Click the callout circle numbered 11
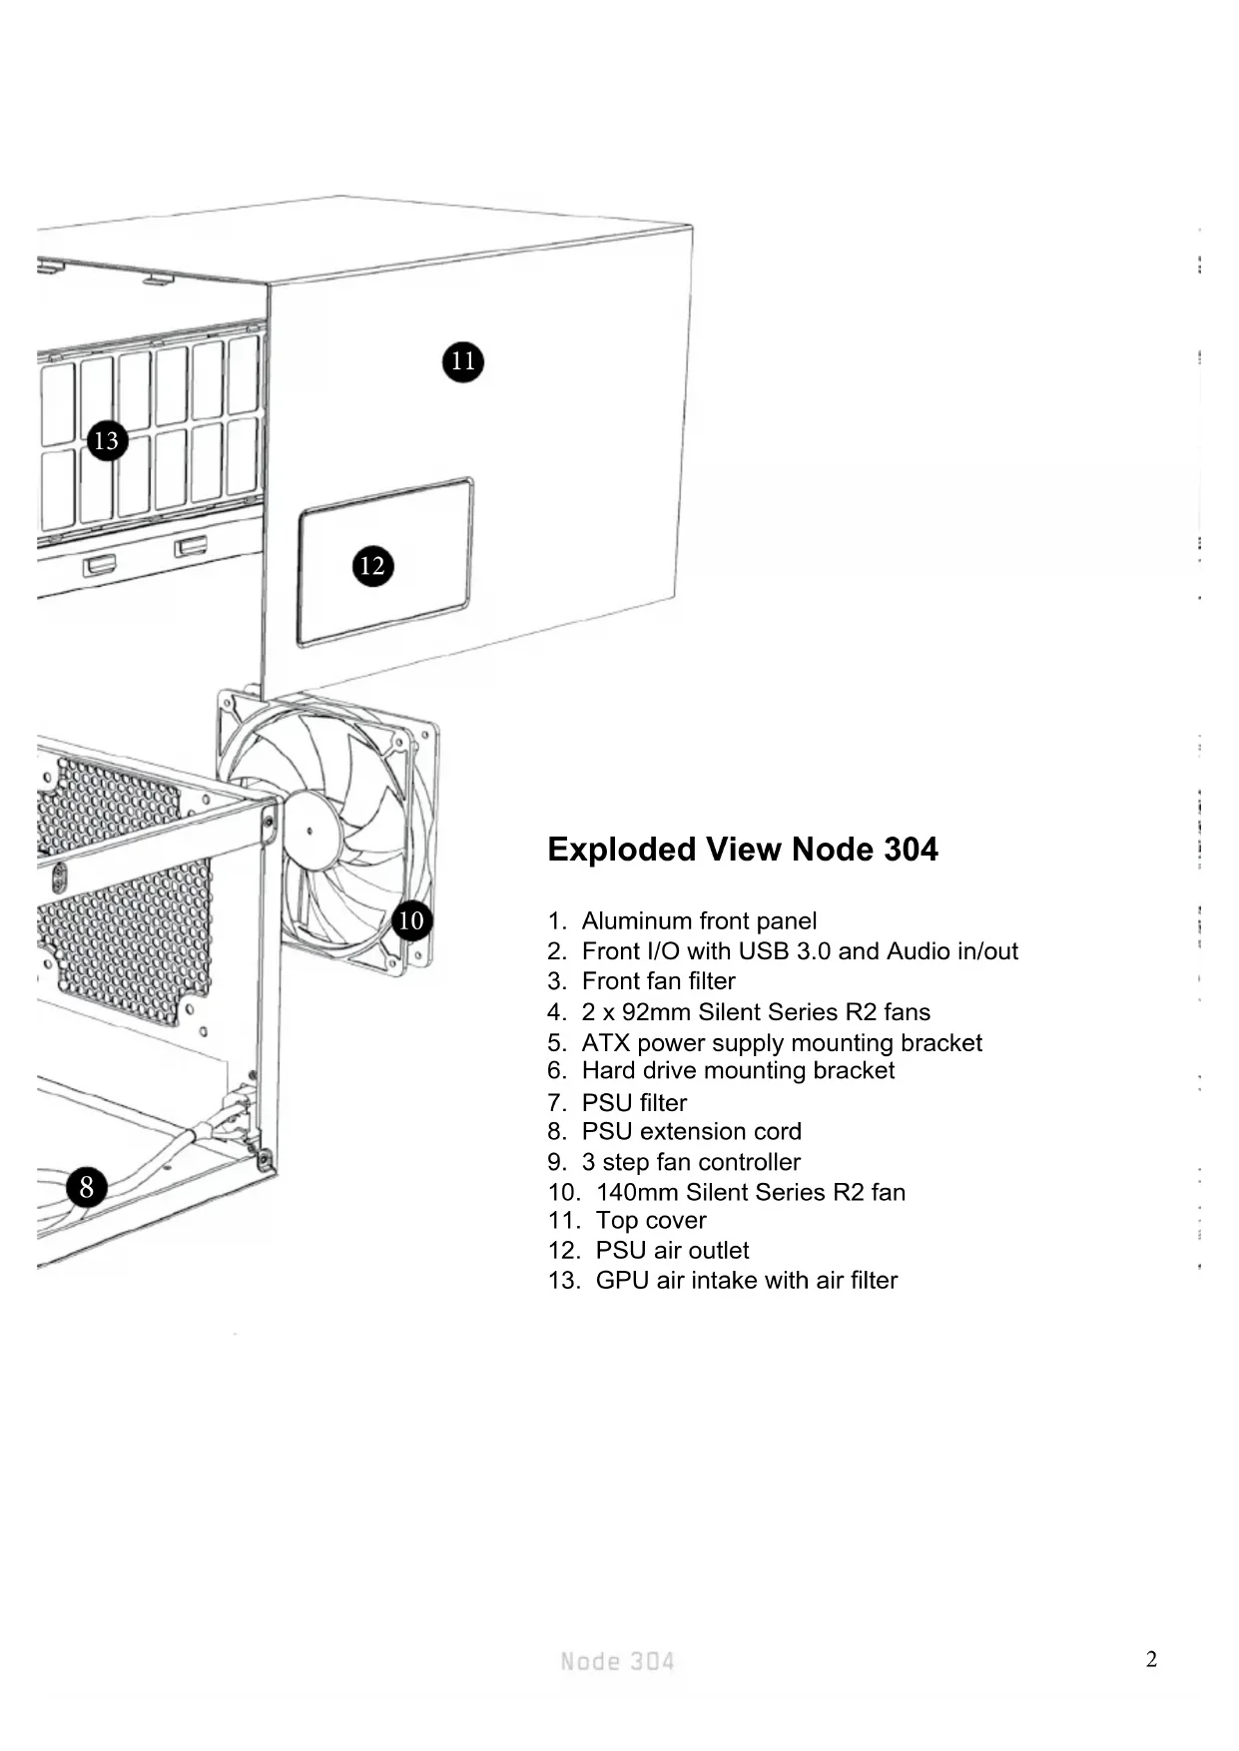[462, 360]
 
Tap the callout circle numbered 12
[372, 566]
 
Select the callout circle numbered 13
[107, 440]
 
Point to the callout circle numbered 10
[411, 920]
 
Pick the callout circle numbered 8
[87, 1187]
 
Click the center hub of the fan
[310, 831]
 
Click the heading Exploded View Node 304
[742, 850]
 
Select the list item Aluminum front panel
[699, 920]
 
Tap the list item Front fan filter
[658, 981]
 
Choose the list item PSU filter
[634, 1102]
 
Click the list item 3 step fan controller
[691, 1162]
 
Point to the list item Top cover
[651, 1220]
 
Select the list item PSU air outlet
[672, 1250]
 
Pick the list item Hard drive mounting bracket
[738, 1070]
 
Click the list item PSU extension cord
[691, 1131]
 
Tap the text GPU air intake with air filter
[747, 1280]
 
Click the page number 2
[1151, 1659]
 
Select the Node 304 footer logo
[617, 1661]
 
